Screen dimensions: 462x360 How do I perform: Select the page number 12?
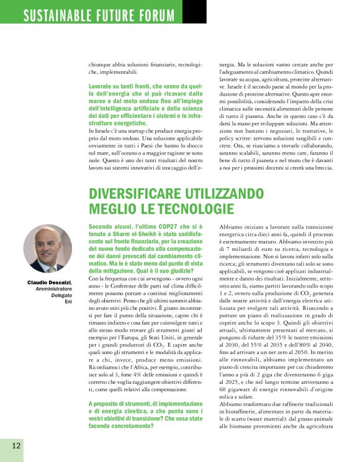pyautogui.click(x=16, y=445)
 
